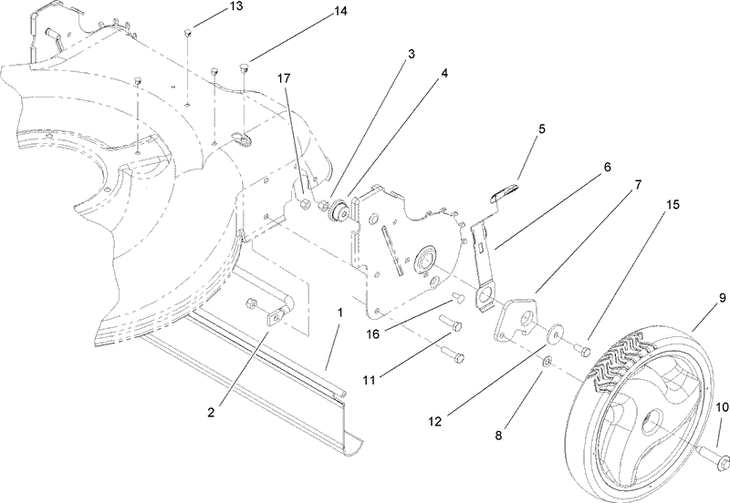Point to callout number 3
(x=412, y=55)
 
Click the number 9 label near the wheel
(x=721, y=298)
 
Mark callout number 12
(x=435, y=421)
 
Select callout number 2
(x=211, y=412)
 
